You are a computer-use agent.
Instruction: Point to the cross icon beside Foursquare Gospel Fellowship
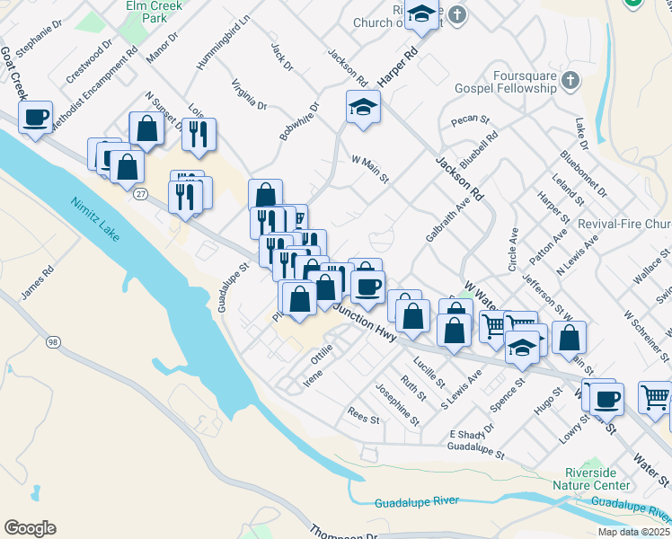coord(569,84)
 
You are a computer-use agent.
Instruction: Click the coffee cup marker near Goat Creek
coord(35,119)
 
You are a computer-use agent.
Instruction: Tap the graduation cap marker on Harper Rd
coord(420,15)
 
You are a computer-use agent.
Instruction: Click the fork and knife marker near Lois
coord(199,134)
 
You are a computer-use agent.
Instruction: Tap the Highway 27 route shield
coord(140,194)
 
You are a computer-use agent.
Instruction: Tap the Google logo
coord(30,528)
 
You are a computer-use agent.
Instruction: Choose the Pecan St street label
coord(470,119)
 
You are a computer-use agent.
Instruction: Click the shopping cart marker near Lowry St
coord(656,396)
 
